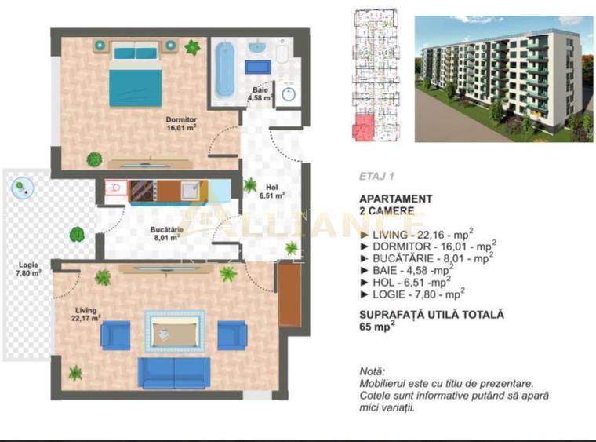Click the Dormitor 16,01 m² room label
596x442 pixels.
[x=181, y=123]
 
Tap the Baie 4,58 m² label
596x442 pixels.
[x=260, y=94]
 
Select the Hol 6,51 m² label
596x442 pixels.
[x=271, y=191]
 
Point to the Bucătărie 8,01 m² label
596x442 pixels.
[x=168, y=232]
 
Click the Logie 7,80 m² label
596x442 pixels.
[x=27, y=269]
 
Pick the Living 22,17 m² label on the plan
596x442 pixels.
[x=87, y=314]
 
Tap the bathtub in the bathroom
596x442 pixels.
[x=225, y=70]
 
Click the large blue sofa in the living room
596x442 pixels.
[x=174, y=373]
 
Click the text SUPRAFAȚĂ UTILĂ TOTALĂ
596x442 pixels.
[x=431, y=314]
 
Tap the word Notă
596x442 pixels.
[x=372, y=371]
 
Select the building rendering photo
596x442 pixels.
[x=503, y=79]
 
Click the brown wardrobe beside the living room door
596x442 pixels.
[x=289, y=294]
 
